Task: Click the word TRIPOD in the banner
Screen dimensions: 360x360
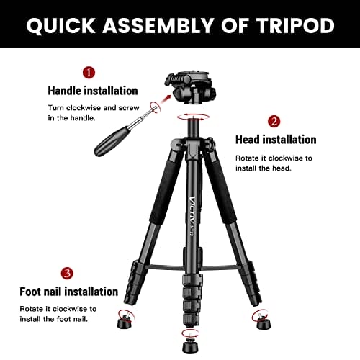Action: pyautogui.click(x=296, y=25)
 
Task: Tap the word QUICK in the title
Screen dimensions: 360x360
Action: pyautogui.click(x=60, y=26)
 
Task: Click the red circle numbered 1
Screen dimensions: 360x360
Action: pyautogui.click(x=89, y=73)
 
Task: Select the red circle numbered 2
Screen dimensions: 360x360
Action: pyautogui.click(x=274, y=122)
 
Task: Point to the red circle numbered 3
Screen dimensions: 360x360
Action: pyautogui.click(x=67, y=274)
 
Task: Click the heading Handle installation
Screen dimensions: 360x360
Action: pyautogui.click(x=93, y=91)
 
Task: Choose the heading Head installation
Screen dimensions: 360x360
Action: pyautogui.click(x=276, y=140)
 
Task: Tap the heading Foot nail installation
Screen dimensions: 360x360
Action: pyautogui.click(x=69, y=292)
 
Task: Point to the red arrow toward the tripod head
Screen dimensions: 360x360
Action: pyautogui.click(x=165, y=99)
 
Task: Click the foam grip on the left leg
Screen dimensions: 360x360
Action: pyautogui.click(x=167, y=192)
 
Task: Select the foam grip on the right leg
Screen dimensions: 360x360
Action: pyautogui.click(x=220, y=192)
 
